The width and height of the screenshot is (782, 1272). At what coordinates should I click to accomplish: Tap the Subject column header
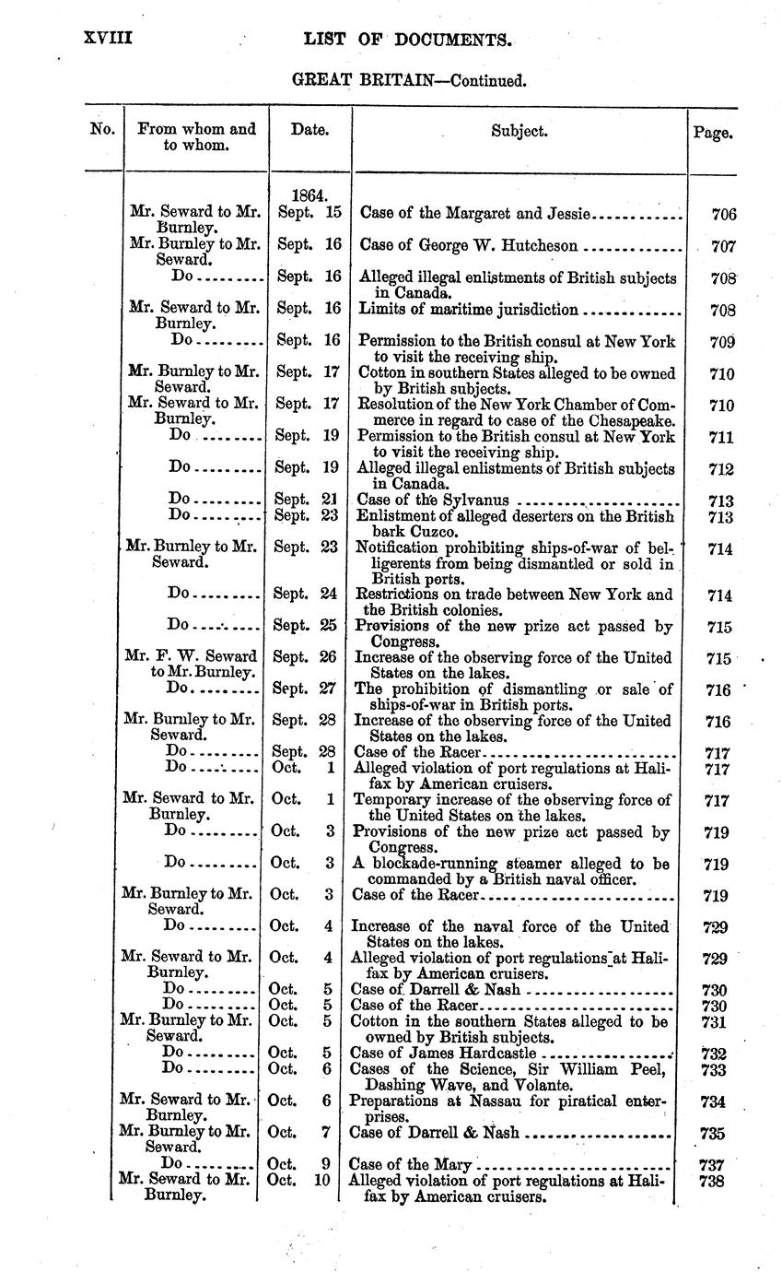point(519,131)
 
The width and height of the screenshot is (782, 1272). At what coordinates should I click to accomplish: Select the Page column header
point(712,132)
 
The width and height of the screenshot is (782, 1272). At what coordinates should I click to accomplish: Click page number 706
point(724,215)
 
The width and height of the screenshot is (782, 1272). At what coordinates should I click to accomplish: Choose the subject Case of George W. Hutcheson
point(469,246)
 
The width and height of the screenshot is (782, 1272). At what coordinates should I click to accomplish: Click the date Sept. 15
point(309,212)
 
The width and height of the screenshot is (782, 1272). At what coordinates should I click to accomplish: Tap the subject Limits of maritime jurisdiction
point(468,309)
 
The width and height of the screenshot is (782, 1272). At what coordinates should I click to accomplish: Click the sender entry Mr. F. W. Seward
point(191,657)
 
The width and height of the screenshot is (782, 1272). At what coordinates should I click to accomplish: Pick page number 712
point(721,470)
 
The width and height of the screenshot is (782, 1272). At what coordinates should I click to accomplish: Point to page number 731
point(718,1022)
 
